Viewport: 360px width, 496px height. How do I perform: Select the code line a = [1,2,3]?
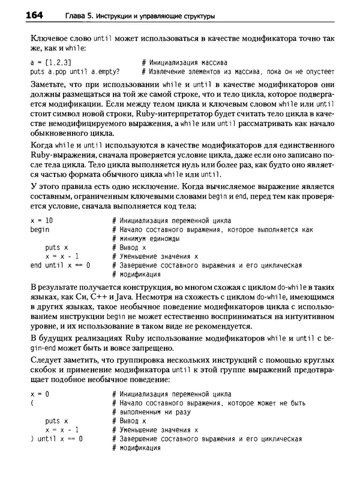click(x=50, y=62)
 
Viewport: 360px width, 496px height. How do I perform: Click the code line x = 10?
click(x=41, y=221)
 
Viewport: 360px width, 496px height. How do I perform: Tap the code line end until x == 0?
click(x=60, y=264)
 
